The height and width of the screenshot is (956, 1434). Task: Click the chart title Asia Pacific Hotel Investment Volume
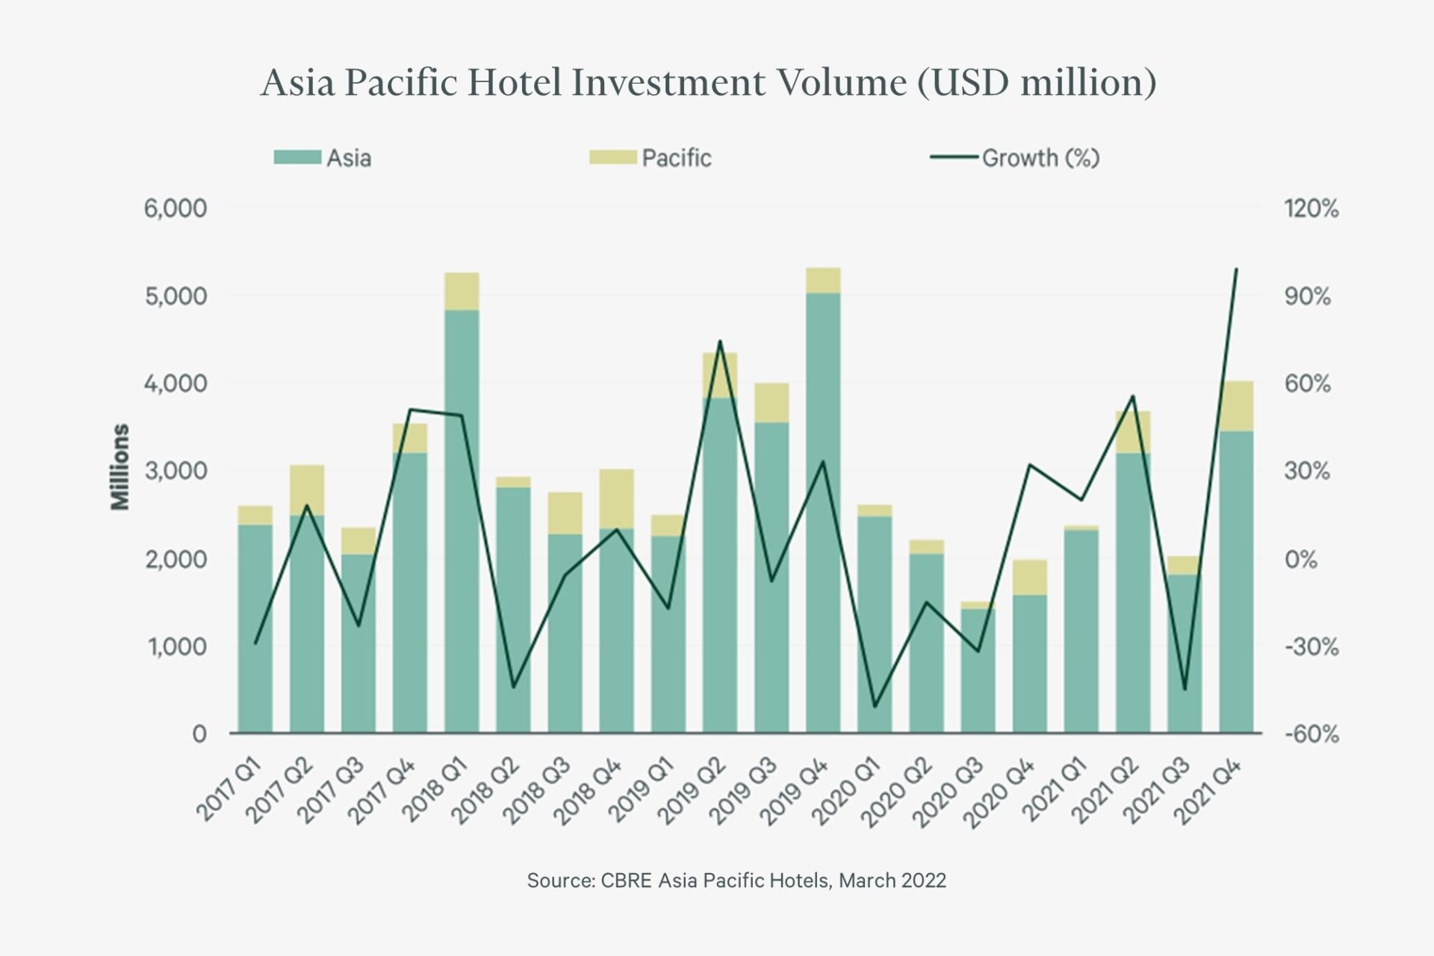pyautogui.click(x=708, y=82)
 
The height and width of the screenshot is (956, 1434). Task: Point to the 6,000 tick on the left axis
pyautogui.click(x=176, y=209)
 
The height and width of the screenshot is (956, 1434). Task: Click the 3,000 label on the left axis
pyautogui.click(x=176, y=472)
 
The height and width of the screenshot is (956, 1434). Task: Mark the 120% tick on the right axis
pyautogui.click(x=1312, y=209)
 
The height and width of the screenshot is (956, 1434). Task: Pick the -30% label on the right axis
pyautogui.click(x=1312, y=647)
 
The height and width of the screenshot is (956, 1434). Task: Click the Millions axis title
pyautogui.click(x=120, y=467)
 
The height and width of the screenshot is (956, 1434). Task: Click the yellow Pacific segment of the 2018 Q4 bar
pyautogui.click(x=616, y=499)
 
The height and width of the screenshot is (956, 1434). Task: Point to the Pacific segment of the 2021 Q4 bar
pyautogui.click(x=1236, y=406)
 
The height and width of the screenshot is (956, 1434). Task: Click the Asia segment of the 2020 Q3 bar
pyautogui.click(x=978, y=673)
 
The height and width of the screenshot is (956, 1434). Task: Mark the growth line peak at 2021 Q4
pyautogui.click(x=1236, y=269)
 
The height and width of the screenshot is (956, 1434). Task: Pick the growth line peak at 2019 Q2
pyautogui.click(x=719, y=342)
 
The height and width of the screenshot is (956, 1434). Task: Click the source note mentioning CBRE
pyautogui.click(x=736, y=881)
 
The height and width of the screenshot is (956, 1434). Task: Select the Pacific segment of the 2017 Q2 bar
pyautogui.click(x=307, y=490)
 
